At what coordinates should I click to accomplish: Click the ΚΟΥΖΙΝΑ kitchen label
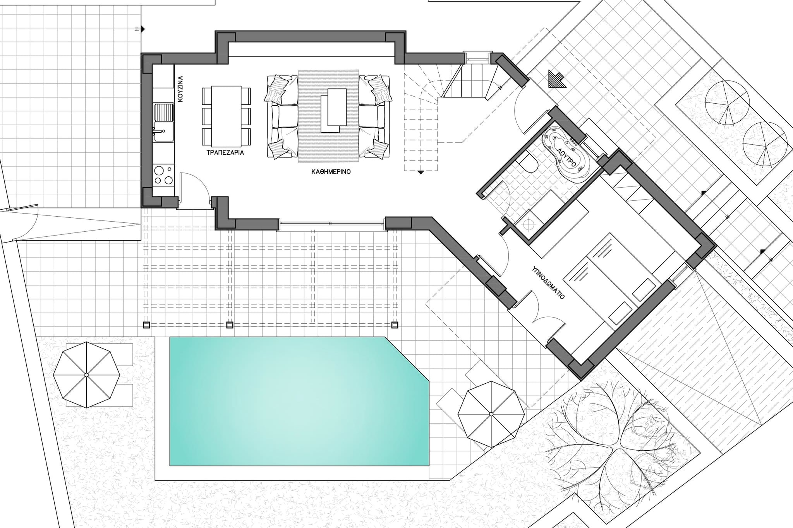pos(180,89)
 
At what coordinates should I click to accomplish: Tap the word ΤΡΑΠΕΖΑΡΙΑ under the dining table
pos(225,152)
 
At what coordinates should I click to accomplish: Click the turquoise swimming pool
pos(299,401)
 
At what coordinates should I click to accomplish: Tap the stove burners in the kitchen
pos(163,175)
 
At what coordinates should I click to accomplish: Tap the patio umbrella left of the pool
pos(86,375)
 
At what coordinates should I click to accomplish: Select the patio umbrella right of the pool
pos(491,414)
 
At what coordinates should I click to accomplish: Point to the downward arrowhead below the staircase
pos(421,173)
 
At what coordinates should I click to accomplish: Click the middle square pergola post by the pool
pos(230,325)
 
